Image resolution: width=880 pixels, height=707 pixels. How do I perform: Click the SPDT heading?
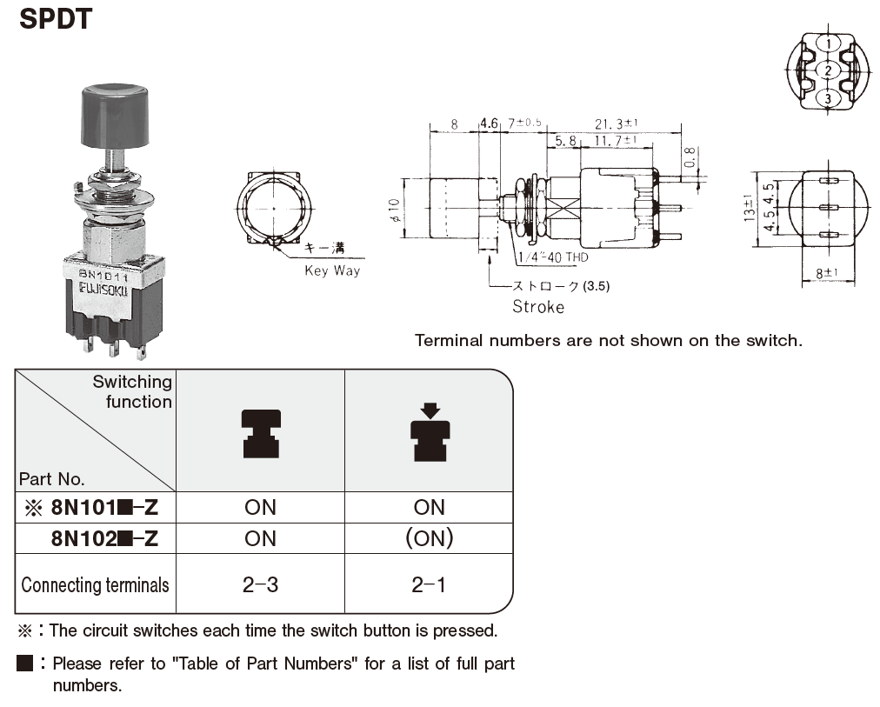(55, 18)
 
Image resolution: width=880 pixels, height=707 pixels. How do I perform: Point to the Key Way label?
(331, 270)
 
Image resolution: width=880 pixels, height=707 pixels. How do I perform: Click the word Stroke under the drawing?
(537, 306)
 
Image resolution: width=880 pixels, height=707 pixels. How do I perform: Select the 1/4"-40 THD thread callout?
(552, 257)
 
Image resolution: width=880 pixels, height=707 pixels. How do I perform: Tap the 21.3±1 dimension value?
(617, 123)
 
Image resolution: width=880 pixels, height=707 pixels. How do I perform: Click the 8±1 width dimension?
(827, 273)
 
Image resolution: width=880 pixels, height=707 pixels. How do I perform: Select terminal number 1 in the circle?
(828, 43)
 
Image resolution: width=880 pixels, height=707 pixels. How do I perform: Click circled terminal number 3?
(828, 99)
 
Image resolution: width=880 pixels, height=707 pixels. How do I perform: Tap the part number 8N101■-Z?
(105, 507)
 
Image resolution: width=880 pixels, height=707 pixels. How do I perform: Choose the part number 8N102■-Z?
(105, 538)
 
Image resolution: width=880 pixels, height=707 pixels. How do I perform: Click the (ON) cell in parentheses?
(430, 538)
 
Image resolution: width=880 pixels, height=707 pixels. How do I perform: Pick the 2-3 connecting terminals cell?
(260, 584)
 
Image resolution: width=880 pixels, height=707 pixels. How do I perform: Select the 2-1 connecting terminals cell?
(430, 584)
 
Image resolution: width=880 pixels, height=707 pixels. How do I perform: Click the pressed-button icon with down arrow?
(430, 431)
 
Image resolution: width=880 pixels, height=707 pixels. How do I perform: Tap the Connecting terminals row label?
(95, 584)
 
